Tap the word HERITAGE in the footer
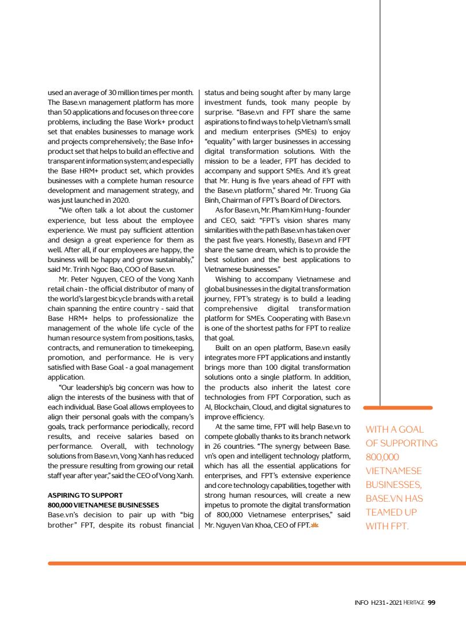(x=414, y=603)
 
